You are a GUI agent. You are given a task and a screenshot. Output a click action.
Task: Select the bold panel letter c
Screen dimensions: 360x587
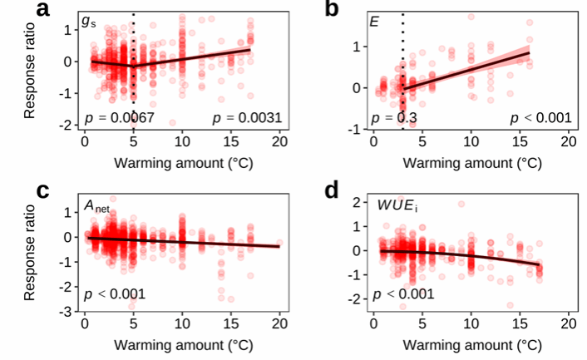point(43,190)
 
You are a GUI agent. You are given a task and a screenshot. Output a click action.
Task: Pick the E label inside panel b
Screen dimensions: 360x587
point(375,20)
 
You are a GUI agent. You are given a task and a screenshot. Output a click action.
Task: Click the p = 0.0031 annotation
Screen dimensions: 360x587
point(245,117)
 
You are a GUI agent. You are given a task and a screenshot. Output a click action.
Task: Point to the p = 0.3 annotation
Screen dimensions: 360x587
point(393,117)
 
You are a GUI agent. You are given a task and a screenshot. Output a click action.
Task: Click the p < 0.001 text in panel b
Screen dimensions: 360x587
point(540,117)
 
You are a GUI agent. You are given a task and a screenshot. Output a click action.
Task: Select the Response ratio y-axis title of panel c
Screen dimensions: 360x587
point(31,253)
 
